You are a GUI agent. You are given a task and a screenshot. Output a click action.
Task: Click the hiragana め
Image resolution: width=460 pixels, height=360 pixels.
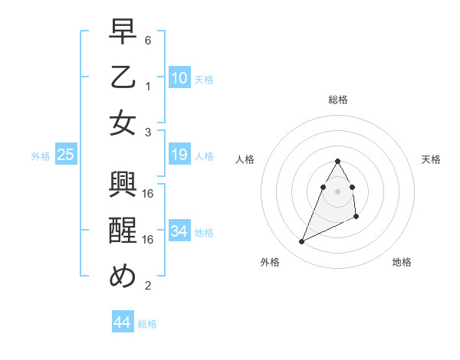[x=123, y=277]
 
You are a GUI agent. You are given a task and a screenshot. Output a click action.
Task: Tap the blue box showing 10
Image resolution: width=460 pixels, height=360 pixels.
[x=179, y=77]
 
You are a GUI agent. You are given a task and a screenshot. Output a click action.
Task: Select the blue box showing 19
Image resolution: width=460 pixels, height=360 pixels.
[x=179, y=155]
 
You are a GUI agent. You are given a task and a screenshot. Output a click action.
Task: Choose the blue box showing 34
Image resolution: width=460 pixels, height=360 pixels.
[x=179, y=231]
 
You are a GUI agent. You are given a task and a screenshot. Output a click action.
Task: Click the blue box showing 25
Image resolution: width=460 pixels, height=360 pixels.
[x=66, y=155]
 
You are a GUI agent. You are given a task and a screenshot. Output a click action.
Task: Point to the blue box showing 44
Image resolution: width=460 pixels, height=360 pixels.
[x=122, y=322]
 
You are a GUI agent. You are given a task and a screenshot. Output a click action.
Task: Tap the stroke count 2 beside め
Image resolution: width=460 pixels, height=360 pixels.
[x=148, y=286]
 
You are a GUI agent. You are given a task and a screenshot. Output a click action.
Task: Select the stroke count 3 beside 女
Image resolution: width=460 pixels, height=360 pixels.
[x=148, y=132]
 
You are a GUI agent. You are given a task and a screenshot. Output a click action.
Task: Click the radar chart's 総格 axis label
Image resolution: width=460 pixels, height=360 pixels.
[x=338, y=100]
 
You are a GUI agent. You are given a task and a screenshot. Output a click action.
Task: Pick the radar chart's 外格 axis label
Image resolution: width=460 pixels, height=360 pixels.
[x=270, y=262]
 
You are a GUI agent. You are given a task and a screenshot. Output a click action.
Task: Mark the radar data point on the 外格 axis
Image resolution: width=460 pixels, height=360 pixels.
[x=302, y=242]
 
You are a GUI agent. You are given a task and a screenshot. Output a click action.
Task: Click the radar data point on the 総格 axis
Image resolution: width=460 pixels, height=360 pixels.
[x=338, y=161]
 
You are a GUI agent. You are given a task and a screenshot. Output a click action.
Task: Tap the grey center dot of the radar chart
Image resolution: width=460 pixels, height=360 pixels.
[x=338, y=191]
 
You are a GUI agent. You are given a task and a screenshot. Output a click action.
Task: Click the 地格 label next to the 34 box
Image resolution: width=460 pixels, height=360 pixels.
[x=204, y=232]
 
